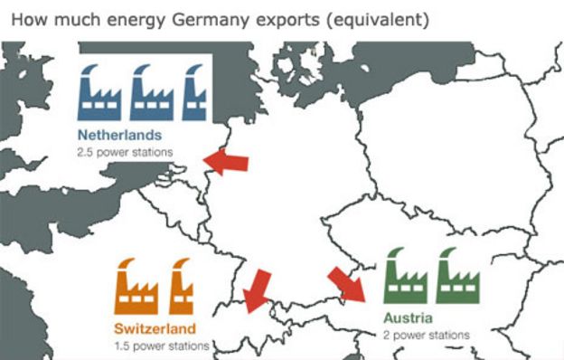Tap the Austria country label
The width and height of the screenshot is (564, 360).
click(x=409, y=318)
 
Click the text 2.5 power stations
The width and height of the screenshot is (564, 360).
click(x=125, y=152)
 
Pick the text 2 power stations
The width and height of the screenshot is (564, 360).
click(x=427, y=335)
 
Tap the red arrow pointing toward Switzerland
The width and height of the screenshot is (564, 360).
click(x=258, y=288)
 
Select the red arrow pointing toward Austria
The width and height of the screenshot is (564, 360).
click(x=346, y=283)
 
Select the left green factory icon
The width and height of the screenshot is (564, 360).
click(x=406, y=276)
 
